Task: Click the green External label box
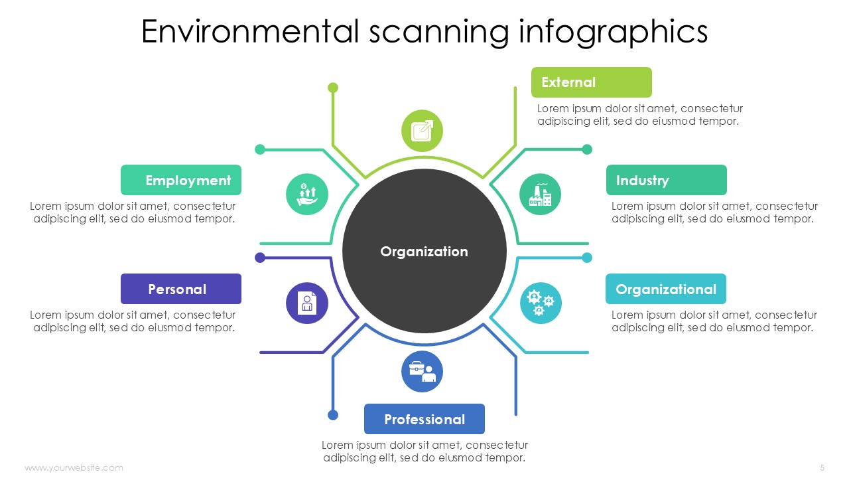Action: (591, 82)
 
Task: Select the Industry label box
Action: (667, 180)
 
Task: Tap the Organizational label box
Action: (666, 289)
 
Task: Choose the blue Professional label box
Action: (424, 419)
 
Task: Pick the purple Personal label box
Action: (181, 289)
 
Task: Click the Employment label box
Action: (181, 180)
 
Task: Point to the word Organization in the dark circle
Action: (424, 252)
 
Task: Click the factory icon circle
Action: (540, 195)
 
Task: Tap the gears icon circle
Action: (540, 303)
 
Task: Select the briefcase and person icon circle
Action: (422, 371)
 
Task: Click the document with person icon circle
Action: (307, 303)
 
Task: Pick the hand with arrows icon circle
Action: (307, 195)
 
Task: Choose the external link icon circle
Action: (422, 131)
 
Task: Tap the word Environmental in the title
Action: (250, 31)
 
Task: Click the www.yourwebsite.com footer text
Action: (74, 468)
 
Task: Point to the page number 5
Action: (822, 468)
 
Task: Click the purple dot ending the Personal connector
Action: (260, 258)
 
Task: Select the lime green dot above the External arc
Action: (333, 88)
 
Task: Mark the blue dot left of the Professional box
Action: (333, 415)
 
